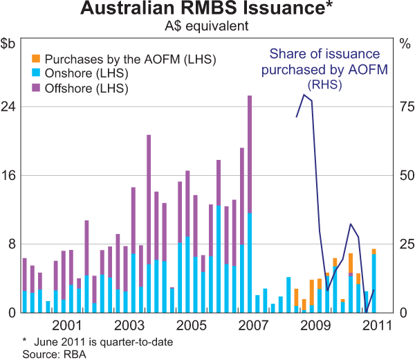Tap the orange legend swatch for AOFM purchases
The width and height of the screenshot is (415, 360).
pos(37,58)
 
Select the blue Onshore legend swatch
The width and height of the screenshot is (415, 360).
pos(37,73)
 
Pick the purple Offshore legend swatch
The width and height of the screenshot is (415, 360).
pos(37,88)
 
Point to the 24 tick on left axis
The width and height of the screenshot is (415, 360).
pos(10,107)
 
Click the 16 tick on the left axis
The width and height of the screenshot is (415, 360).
pos(10,175)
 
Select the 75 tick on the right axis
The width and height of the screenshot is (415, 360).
pos(403,107)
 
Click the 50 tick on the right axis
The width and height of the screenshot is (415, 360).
pos(403,175)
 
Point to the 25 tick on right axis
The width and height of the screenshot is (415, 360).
pos(403,244)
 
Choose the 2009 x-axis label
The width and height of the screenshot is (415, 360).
pos(315,325)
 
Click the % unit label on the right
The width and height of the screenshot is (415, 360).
pos(405,44)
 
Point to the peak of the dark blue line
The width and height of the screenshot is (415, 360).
pos(304,96)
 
